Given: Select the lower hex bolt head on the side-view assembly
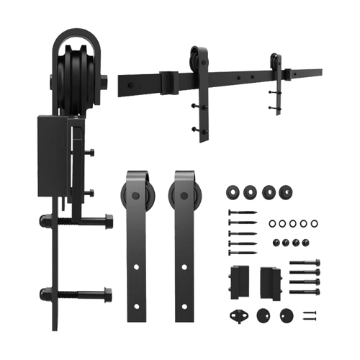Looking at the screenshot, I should point(107,294).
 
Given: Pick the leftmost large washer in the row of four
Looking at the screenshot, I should point(233,193).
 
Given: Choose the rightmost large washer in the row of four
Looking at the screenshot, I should point(287,193).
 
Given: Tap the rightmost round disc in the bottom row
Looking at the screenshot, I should point(287,314).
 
